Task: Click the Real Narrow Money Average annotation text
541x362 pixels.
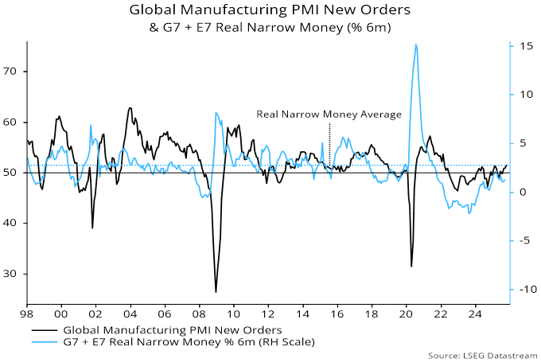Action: click(329, 115)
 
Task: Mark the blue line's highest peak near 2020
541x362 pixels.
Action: click(416, 45)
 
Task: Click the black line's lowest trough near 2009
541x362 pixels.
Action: click(216, 292)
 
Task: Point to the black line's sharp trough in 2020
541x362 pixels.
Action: click(411, 267)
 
